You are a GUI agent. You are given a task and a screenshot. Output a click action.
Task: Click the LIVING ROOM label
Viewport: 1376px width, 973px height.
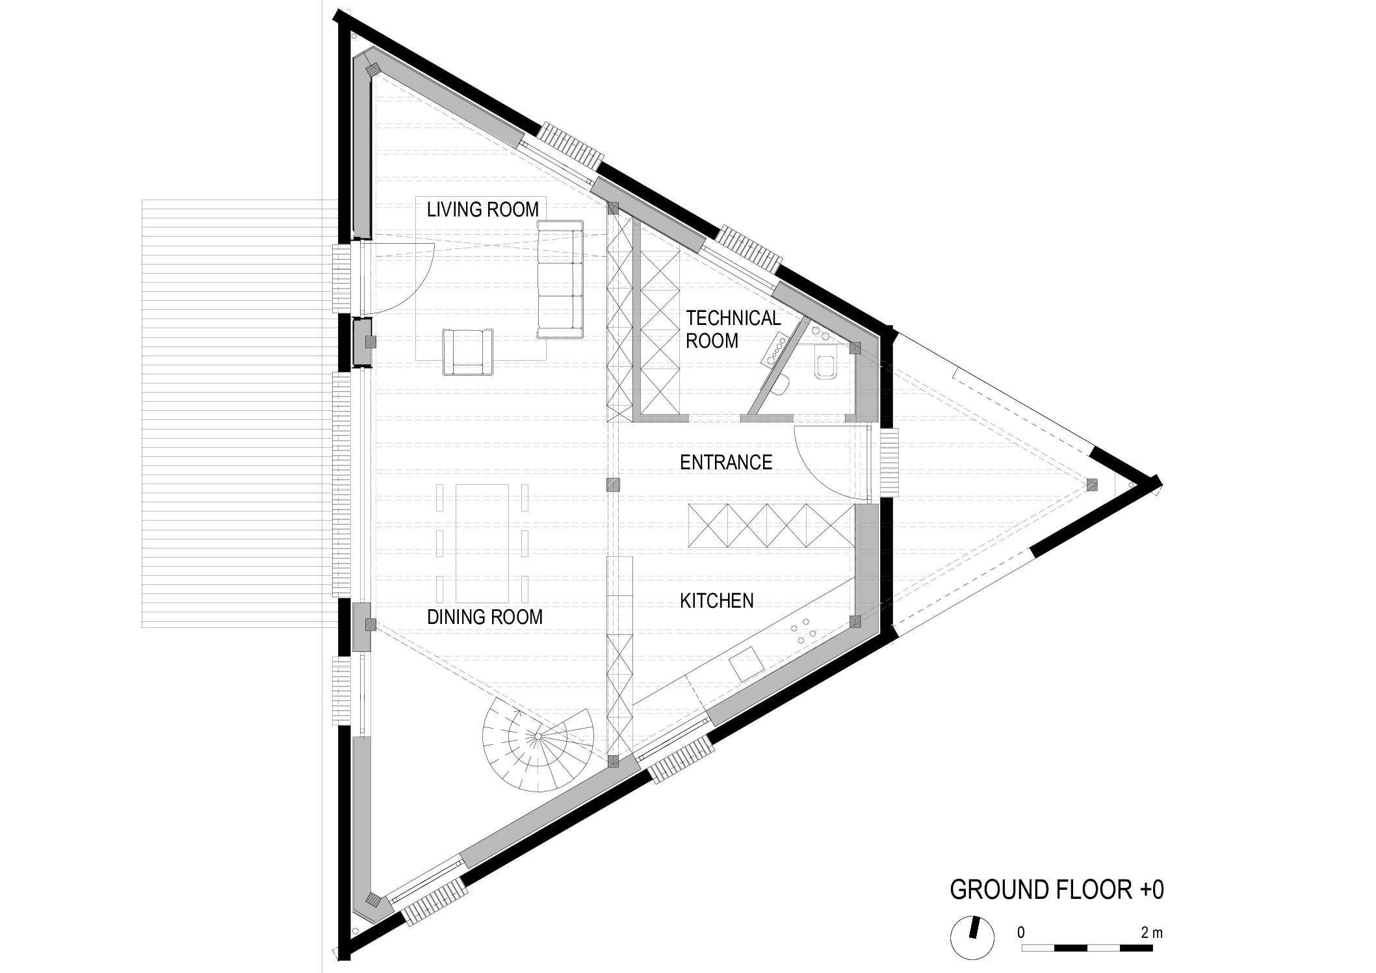(483, 209)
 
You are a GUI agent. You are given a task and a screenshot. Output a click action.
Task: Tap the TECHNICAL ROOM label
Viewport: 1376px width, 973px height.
(733, 329)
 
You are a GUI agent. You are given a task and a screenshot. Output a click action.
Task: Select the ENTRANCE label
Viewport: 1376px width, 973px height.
(726, 462)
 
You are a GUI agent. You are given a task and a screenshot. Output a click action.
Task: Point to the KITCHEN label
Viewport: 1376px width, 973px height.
(717, 601)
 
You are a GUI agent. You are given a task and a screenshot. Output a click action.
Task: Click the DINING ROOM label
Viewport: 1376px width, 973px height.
(485, 617)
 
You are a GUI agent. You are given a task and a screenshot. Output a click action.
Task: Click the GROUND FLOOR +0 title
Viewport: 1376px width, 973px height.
(1057, 890)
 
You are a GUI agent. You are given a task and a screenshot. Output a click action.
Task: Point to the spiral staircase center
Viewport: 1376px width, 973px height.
(538, 736)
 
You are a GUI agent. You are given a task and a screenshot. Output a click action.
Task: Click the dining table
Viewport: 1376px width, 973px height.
(482, 543)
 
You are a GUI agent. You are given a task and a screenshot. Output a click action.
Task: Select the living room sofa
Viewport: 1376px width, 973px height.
(560, 279)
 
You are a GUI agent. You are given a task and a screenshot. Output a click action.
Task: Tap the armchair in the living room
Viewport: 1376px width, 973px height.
(467, 352)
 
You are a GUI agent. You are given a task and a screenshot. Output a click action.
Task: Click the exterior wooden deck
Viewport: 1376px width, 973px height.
(239, 413)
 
